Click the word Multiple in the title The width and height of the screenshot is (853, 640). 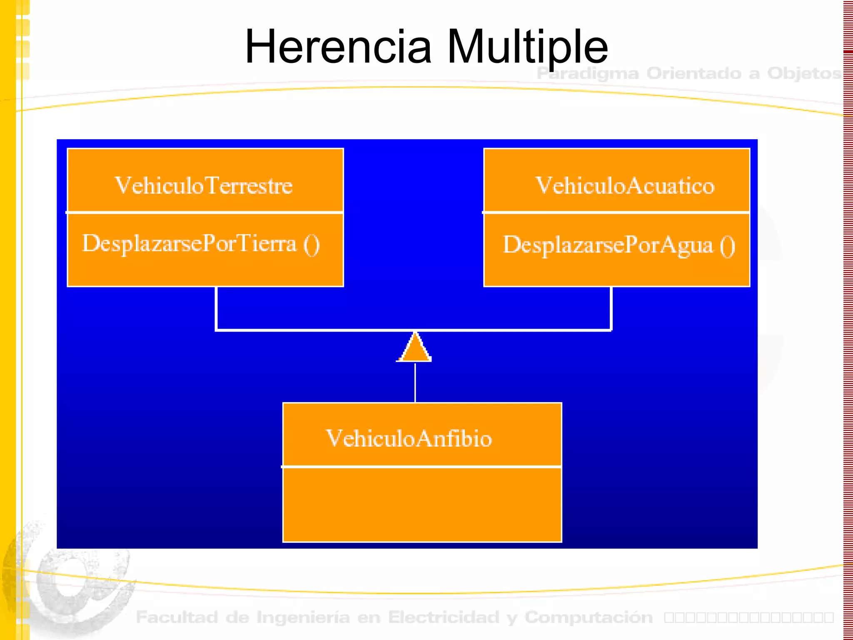click(x=527, y=47)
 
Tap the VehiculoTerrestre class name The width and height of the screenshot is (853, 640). click(x=204, y=185)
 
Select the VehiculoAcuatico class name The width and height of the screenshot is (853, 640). click(x=625, y=185)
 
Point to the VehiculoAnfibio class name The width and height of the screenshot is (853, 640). click(x=409, y=438)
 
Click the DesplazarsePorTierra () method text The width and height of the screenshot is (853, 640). click(x=201, y=244)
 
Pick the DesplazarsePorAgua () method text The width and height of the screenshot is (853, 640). click(x=619, y=245)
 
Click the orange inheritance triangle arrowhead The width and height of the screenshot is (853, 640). click(x=414, y=349)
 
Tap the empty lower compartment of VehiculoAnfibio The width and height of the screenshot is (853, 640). click(x=422, y=504)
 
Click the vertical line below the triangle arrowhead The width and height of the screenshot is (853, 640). click(x=415, y=382)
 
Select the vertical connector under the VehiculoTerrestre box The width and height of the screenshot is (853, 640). click(x=216, y=308)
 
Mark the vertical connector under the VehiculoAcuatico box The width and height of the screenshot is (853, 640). click(x=611, y=308)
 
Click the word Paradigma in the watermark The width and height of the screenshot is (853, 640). click(x=588, y=73)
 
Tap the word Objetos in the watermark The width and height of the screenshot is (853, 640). click(x=804, y=73)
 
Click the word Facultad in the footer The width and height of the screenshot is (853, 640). click(x=177, y=617)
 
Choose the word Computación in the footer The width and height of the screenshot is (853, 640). click(x=589, y=617)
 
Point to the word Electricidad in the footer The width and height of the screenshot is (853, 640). click(x=443, y=617)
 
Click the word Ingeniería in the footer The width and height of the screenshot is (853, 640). click(x=303, y=617)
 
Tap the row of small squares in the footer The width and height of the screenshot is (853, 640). click(x=749, y=617)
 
